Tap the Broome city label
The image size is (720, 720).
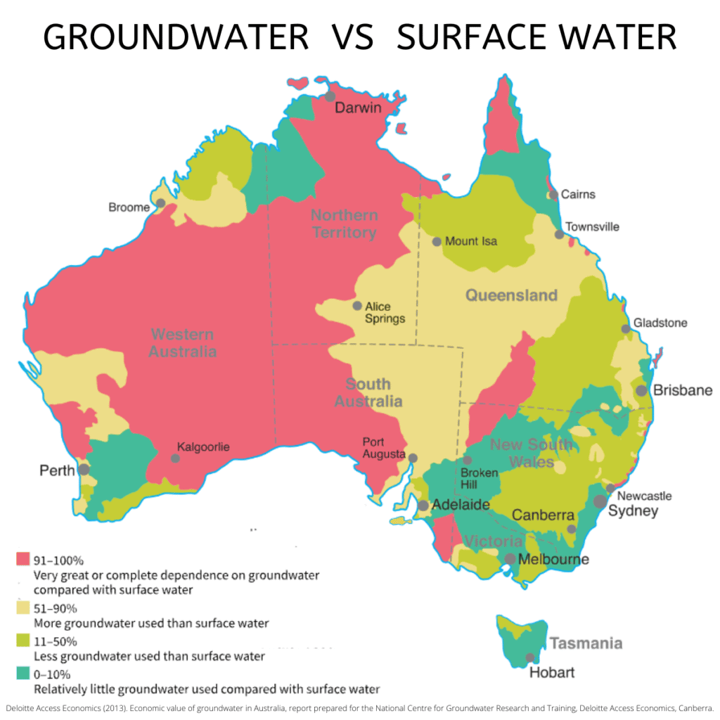pos(129,207)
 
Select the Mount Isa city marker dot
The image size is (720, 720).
pos(437,241)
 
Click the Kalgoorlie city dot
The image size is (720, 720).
pos(175,458)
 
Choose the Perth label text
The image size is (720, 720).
pos(56,469)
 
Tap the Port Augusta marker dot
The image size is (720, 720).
pos(413,458)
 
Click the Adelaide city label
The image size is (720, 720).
pos(461,505)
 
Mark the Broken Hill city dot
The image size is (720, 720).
pos(468,460)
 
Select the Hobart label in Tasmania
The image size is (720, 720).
pos(551,672)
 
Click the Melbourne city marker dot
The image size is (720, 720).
pos(510,559)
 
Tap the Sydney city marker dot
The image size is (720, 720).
pos(600,501)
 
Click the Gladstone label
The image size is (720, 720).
pos(660,323)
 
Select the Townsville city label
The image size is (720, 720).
pos(593,226)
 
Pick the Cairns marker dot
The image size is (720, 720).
pos(554,195)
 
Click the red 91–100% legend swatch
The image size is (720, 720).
pos(22,560)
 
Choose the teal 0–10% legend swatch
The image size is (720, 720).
pos(22,674)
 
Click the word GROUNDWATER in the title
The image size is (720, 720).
pos(176,37)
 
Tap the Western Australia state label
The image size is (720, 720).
pos(182,342)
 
